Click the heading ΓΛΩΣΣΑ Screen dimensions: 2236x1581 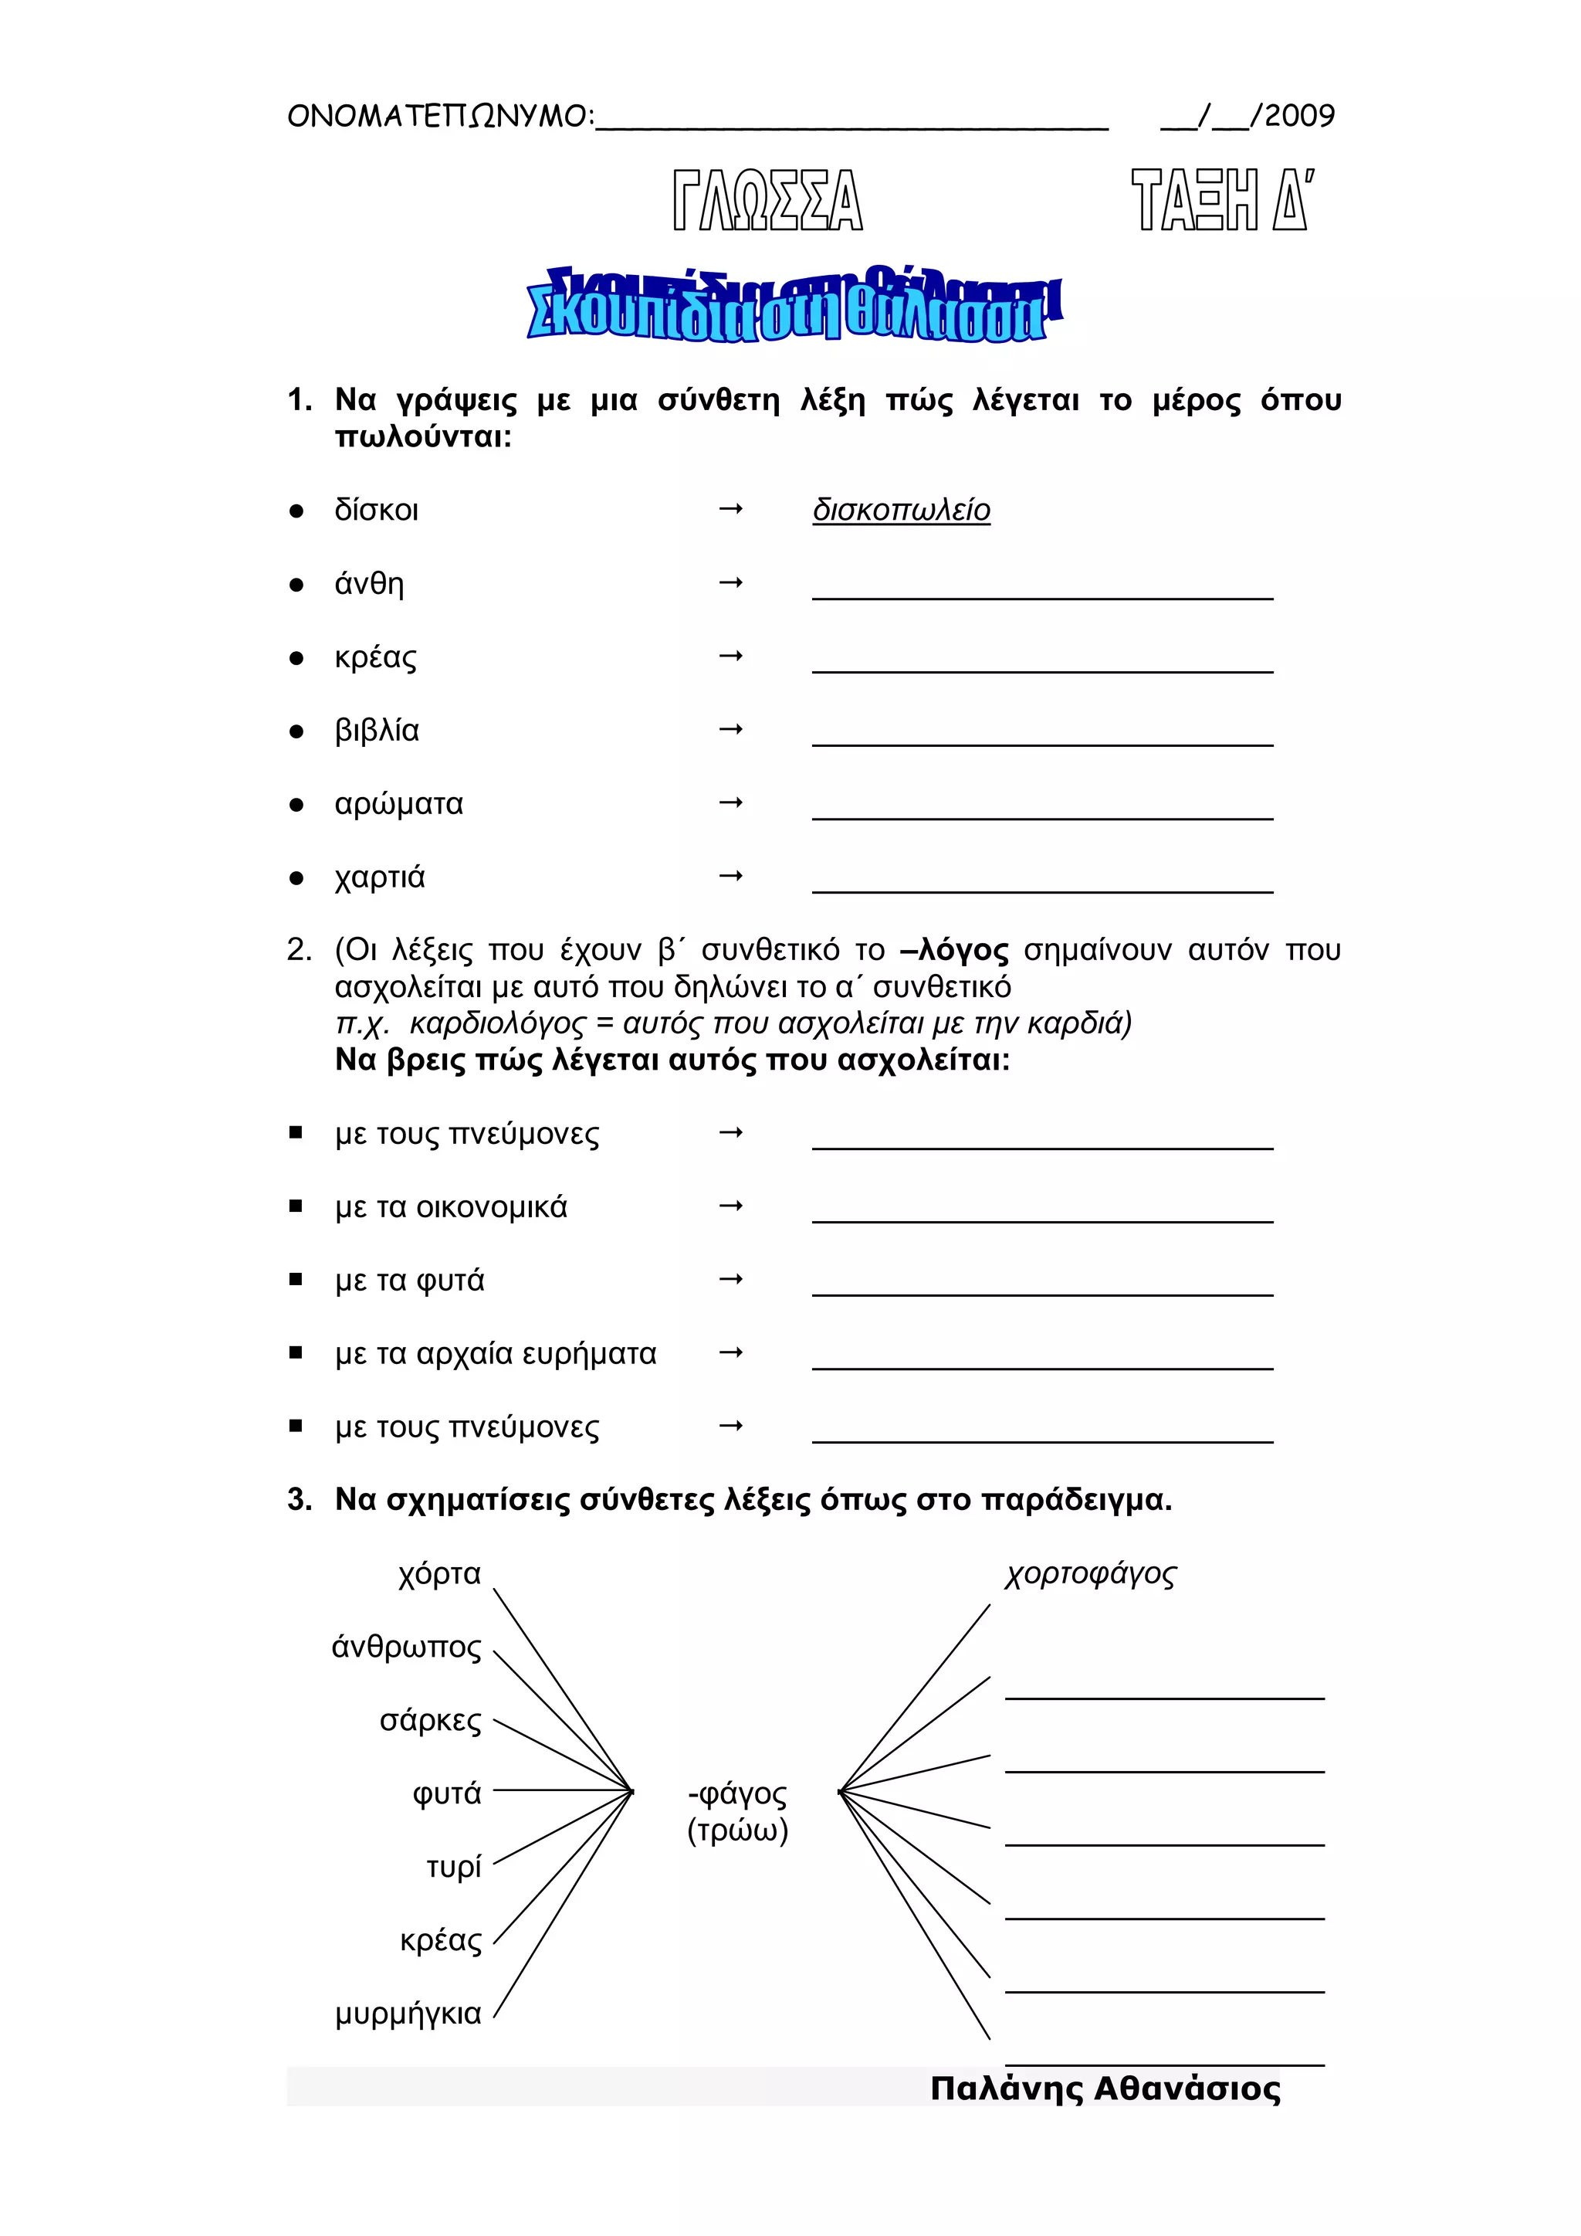point(767,201)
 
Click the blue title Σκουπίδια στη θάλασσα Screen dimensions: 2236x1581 point(793,307)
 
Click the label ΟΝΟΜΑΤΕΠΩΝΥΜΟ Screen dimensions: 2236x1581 point(438,117)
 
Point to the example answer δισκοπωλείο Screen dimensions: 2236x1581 point(902,511)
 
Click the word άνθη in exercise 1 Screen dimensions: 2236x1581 point(369,585)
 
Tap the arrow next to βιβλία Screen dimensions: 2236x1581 point(730,729)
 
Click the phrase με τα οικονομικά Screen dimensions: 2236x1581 point(451,1208)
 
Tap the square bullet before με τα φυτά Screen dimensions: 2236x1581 point(296,1280)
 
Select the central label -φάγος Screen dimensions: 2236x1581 point(737,1794)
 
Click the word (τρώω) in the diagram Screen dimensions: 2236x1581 point(737,1831)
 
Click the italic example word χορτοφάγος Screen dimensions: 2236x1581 point(1090,1575)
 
